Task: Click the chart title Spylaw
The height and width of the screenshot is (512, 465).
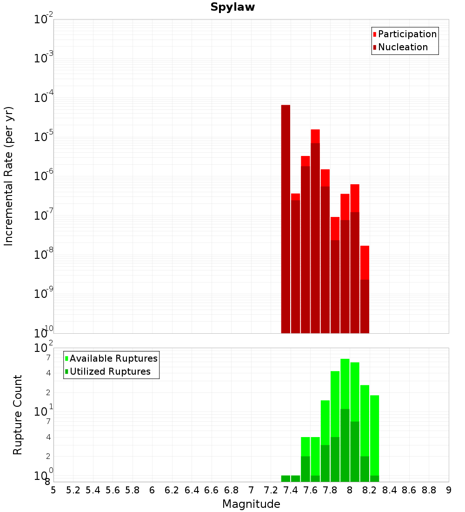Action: click(232, 7)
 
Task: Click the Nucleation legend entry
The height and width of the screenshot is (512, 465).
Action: click(402, 47)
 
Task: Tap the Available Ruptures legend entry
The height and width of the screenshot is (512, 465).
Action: click(113, 359)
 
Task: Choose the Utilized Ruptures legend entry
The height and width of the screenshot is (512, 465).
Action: click(110, 372)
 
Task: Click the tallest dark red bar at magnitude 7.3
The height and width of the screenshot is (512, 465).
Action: click(286, 219)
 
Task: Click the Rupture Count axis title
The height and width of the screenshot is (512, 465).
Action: click(18, 415)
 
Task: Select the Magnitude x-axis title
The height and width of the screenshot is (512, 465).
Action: click(251, 504)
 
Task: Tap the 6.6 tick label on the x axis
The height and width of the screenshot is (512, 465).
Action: click(212, 490)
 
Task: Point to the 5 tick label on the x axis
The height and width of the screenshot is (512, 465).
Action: click(53, 490)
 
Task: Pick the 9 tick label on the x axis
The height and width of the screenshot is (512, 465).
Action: click(449, 490)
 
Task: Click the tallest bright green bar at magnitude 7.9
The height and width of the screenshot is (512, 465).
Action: click(345, 384)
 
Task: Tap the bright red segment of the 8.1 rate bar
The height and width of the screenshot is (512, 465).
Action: click(355, 198)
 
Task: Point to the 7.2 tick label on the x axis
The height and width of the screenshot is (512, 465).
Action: click(271, 490)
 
